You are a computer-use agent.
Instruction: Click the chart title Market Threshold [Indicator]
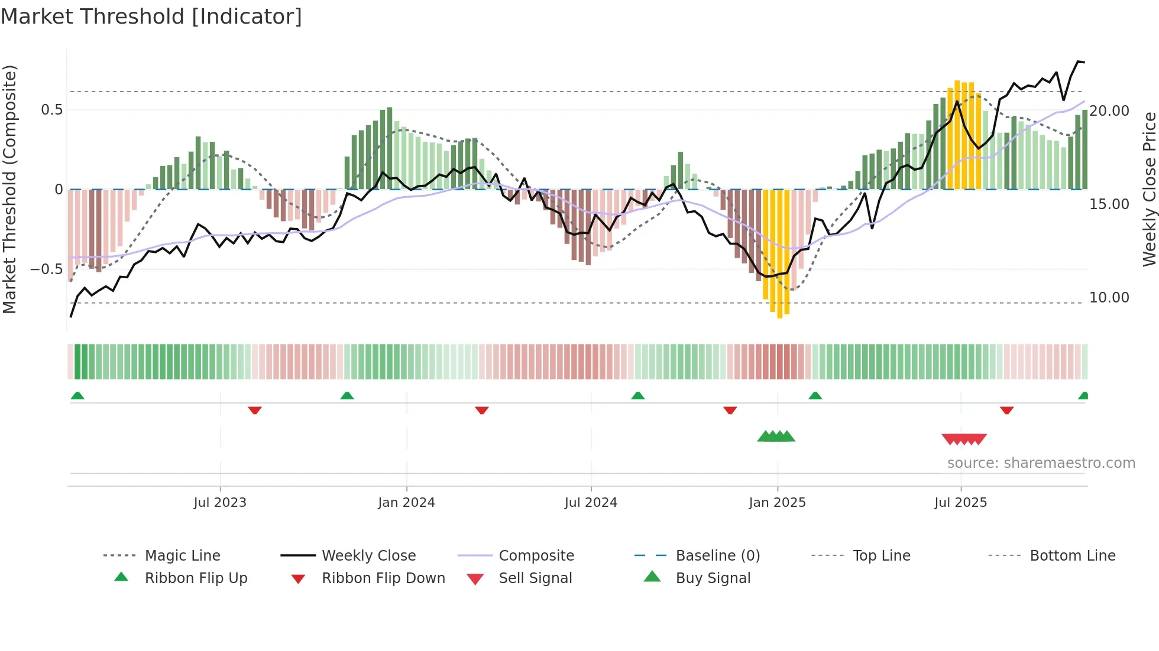[x=151, y=17]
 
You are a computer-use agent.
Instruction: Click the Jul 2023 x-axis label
[x=220, y=502]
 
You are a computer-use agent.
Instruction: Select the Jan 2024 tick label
[x=406, y=502]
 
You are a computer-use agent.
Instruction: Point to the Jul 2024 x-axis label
[x=591, y=502]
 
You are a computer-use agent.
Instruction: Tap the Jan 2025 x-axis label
[x=777, y=502]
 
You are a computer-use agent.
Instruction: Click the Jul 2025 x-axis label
[x=961, y=502]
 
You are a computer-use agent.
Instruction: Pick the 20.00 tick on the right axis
[x=1109, y=111]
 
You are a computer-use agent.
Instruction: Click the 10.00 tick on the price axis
[x=1109, y=298]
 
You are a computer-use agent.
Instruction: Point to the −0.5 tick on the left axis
[x=46, y=269]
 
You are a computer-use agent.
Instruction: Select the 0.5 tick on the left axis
[x=51, y=110]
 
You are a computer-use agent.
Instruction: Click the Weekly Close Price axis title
[x=1149, y=189]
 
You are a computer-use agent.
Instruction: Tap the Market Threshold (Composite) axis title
[x=9, y=189]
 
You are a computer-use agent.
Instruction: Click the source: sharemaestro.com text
[x=1041, y=463]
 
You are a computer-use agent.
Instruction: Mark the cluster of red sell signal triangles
[x=964, y=439]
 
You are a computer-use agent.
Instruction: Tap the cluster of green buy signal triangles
[x=776, y=437]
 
